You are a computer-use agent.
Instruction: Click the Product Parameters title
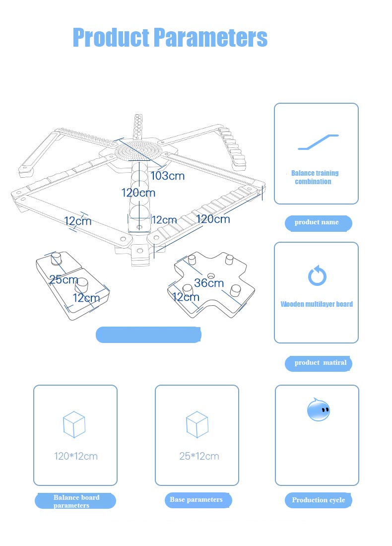[170, 38]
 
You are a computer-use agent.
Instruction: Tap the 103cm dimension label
[167, 176]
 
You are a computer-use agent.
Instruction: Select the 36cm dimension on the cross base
[209, 283]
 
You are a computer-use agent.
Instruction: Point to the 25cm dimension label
[63, 279]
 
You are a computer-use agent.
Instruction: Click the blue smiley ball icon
[318, 410]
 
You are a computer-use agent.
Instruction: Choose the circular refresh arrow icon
[317, 276]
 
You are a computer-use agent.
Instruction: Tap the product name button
[318, 223]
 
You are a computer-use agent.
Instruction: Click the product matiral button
[318, 363]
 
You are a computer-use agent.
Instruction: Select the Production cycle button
[318, 500]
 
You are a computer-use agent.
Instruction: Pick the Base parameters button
[197, 500]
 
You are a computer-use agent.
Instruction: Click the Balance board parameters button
[75, 501]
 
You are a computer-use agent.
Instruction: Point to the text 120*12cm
[76, 456]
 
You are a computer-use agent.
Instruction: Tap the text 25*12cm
[199, 456]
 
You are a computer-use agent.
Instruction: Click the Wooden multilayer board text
[317, 304]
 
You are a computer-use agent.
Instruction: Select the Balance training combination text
[315, 177]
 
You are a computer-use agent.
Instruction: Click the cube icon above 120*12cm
[74, 425]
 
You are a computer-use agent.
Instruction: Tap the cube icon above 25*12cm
[197, 425]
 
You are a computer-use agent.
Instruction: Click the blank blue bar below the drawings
[148, 335]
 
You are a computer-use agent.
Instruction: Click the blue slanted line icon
[318, 142]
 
